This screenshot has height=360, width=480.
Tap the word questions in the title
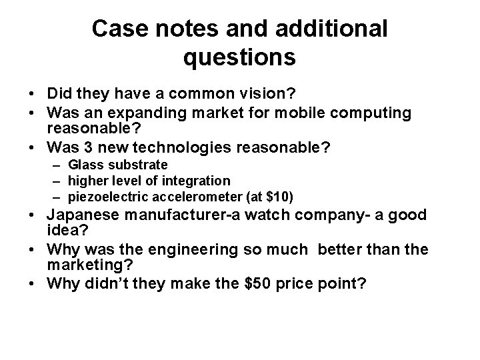coord(239,58)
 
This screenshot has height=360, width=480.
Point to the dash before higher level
coord(59,181)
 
